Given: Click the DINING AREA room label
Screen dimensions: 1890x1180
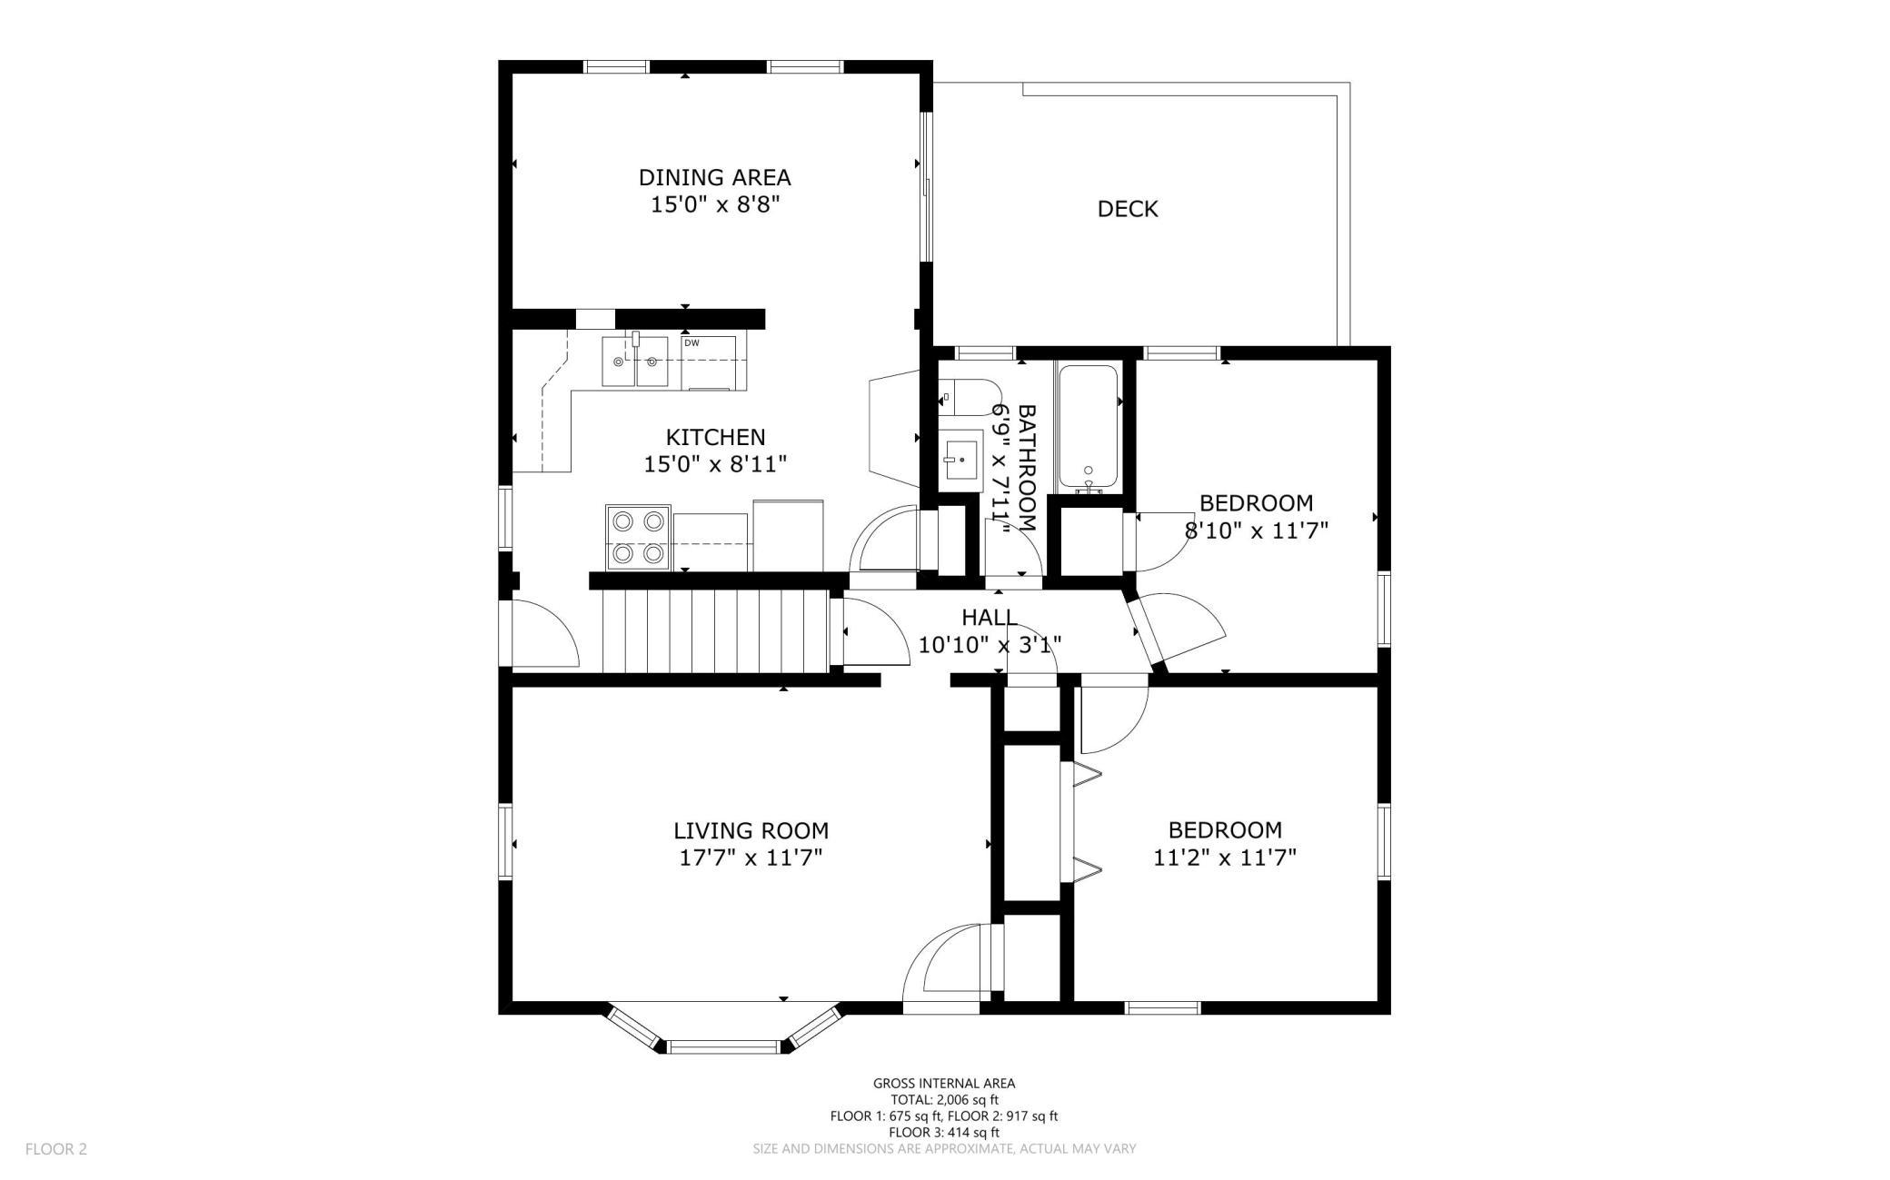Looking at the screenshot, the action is [x=714, y=177].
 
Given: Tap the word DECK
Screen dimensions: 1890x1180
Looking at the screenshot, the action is [x=1128, y=209].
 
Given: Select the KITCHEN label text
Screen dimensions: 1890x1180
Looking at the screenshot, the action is [x=716, y=437].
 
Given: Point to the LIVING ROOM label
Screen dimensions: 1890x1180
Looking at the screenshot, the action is [x=751, y=830].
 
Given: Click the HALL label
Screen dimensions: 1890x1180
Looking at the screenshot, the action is [x=990, y=618].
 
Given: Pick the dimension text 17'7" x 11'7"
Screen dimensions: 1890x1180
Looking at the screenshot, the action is [x=751, y=858].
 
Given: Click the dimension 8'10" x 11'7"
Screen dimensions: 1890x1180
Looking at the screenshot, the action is [x=1257, y=531].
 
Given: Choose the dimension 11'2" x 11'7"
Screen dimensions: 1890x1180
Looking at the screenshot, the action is [x=1225, y=858].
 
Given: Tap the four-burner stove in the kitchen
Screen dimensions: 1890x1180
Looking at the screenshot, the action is [x=639, y=537].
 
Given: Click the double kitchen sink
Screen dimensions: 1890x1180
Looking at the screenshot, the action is [x=634, y=362].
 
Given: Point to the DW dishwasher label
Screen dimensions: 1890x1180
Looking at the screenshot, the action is [x=691, y=342].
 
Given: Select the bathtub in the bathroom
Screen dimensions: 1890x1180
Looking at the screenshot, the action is [x=1088, y=427].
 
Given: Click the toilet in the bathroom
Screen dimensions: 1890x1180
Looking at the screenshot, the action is [x=968, y=397].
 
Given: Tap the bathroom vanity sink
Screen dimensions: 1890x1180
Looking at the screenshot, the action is [x=960, y=461].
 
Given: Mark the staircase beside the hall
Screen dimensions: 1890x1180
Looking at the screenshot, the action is [x=716, y=631].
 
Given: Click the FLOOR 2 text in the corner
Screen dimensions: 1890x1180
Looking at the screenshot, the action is [x=56, y=1149].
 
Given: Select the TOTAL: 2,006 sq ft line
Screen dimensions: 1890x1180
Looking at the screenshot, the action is [x=944, y=1099].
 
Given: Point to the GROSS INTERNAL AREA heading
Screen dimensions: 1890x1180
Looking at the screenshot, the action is [x=944, y=1083].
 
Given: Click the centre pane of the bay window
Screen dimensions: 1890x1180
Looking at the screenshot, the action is [x=724, y=1047].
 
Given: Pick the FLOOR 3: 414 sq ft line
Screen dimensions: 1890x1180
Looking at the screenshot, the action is [x=944, y=1132].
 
